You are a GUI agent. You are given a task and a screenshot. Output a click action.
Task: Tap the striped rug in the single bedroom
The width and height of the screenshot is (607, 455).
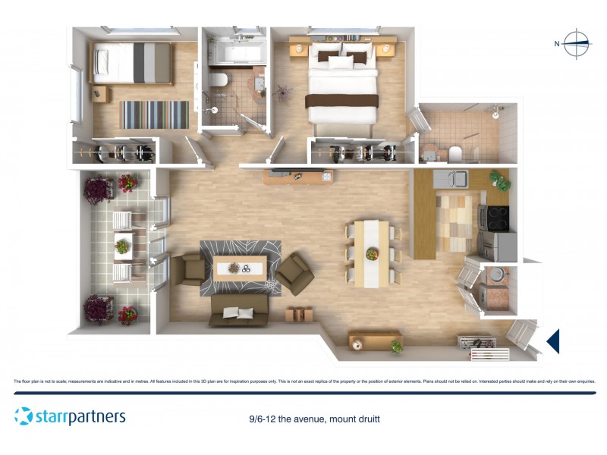pos(155,115)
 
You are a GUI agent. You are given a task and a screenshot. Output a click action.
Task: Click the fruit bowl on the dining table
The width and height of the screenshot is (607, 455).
pos(372,253)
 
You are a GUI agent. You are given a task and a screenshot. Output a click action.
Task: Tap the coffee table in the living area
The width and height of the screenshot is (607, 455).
pos(240,268)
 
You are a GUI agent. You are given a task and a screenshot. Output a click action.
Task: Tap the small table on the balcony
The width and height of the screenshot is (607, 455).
pos(122,246)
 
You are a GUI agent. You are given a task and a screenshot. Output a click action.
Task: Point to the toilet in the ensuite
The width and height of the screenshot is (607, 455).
pos(455,155)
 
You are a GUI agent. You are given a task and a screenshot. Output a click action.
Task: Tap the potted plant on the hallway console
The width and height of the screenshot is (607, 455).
pos(397,347)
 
